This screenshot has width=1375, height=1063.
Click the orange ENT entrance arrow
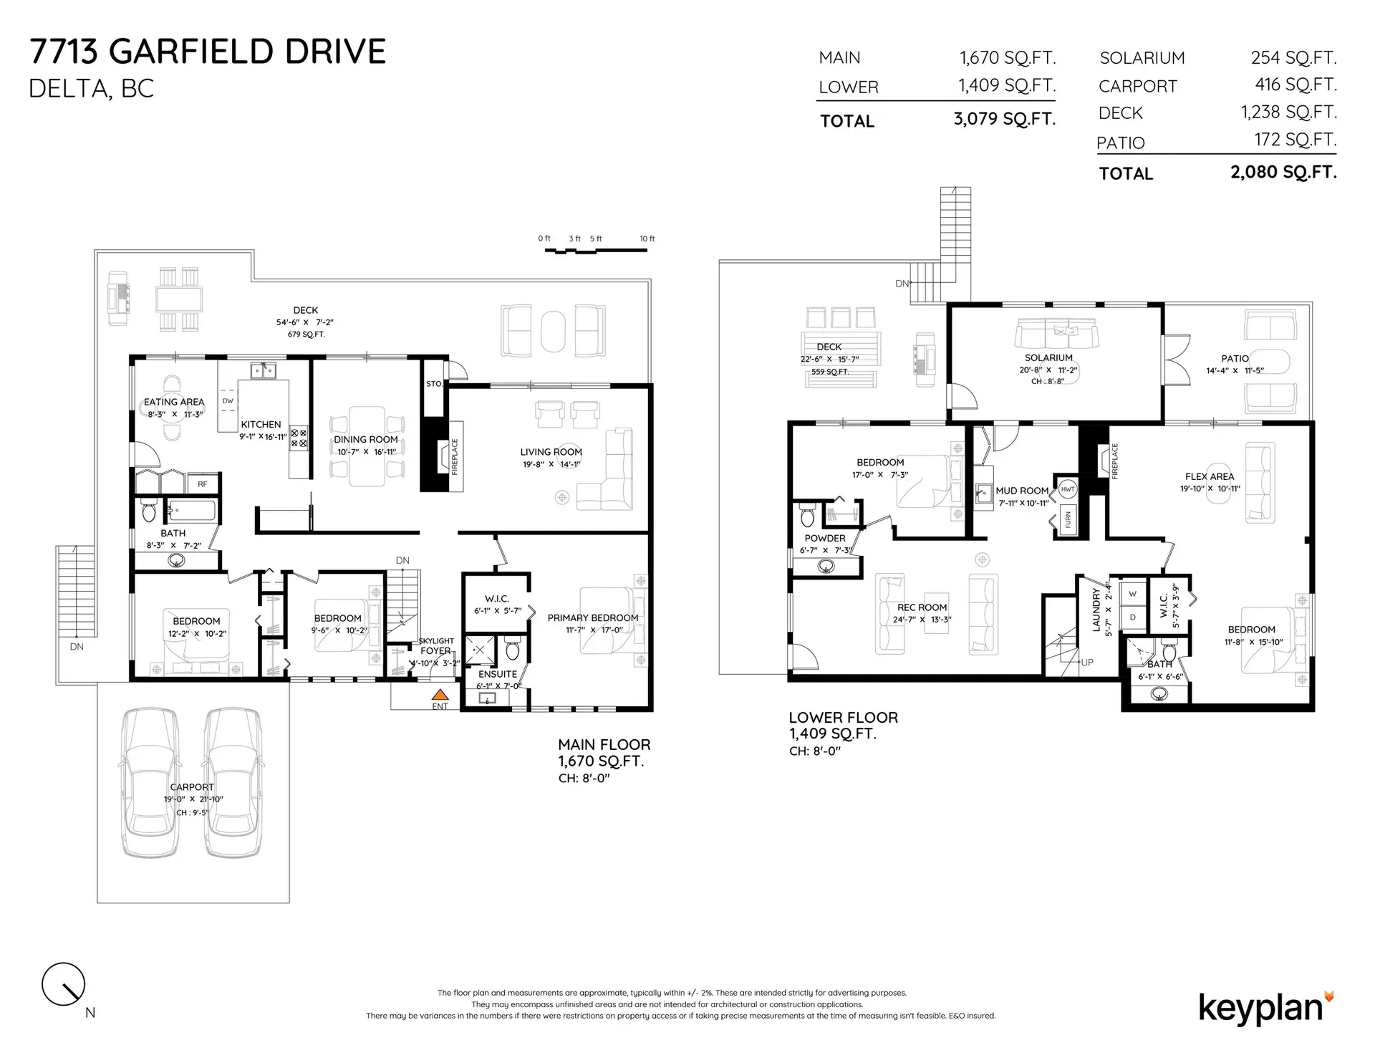pyautogui.click(x=440, y=694)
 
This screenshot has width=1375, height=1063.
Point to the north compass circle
pyautogui.click(x=64, y=984)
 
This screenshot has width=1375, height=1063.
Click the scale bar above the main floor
pyautogui.click(x=595, y=250)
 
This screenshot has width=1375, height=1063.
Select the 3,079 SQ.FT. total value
pyautogui.click(x=1004, y=119)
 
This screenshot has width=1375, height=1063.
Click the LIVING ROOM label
pyautogui.click(x=551, y=452)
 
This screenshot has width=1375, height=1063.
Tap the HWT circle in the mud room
pyautogui.click(x=1067, y=489)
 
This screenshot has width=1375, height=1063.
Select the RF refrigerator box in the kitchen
pyautogui.click(x=203, y=484)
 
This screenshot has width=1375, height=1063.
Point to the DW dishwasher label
pyautogui.click(x=228, y=401)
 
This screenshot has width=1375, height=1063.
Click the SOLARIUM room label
pyautogui.click(x=1048, y=357)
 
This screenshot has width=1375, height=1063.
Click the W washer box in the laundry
pyautogui.click(x=1132, y=594)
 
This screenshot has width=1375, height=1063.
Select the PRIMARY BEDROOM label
pyautogui.click(x=592, y=617)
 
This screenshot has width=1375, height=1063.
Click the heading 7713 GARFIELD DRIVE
pyautogui.click(x=208, y=52)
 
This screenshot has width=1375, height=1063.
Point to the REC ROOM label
pyautogui.click(x=922, y=607)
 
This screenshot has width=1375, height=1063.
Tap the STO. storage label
pyautogui.click(x=434, y=384)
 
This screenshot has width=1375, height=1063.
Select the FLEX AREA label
pyautogui.click(x=1210, y=476)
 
